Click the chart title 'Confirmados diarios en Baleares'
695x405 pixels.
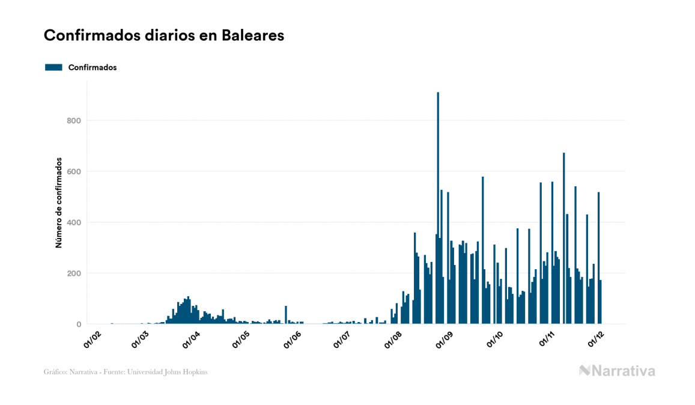[163, 35]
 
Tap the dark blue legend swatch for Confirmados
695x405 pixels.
[53, 67]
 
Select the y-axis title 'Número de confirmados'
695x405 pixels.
[59, 203]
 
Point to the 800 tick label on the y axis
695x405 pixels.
[74, 121]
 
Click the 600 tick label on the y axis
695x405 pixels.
[74, 172]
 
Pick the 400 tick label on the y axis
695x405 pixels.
[74, 223]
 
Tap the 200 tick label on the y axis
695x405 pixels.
[74, 273]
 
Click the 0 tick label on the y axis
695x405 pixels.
[78, 324]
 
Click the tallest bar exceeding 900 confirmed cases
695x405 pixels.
[438, 210]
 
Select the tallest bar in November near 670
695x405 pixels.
[563, 240]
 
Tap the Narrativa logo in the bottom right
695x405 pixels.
[617, 371]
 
